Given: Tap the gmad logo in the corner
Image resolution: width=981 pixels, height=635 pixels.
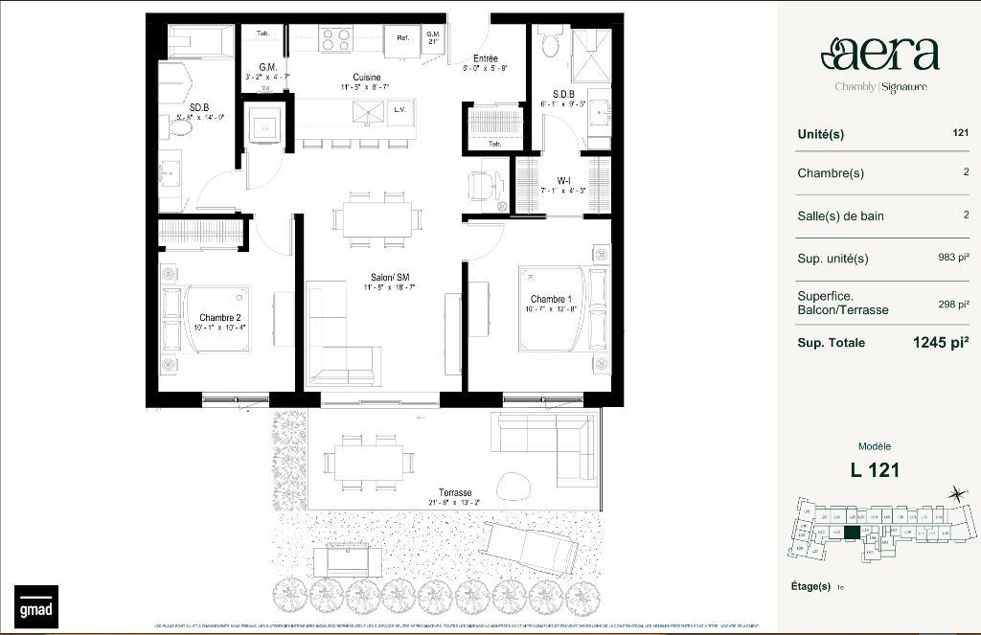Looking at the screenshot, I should (35, 606).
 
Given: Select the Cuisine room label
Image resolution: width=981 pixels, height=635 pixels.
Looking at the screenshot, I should (366, 78).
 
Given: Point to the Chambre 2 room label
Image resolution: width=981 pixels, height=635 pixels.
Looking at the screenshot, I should (219, 317).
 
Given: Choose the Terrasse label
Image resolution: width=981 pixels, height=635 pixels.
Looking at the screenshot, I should (455, 492).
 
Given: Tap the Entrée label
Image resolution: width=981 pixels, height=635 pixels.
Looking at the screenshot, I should (485, 58).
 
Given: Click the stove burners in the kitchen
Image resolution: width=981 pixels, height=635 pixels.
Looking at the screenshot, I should (336, 39).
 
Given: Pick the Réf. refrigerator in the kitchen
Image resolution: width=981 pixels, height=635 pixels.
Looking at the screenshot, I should (402, 39).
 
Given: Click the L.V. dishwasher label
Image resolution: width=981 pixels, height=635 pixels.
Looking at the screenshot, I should (400, 110).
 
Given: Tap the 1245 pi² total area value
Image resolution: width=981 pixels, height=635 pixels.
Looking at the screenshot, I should (941, 342).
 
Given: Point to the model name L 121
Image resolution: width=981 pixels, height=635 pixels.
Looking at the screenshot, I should (875, 469).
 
